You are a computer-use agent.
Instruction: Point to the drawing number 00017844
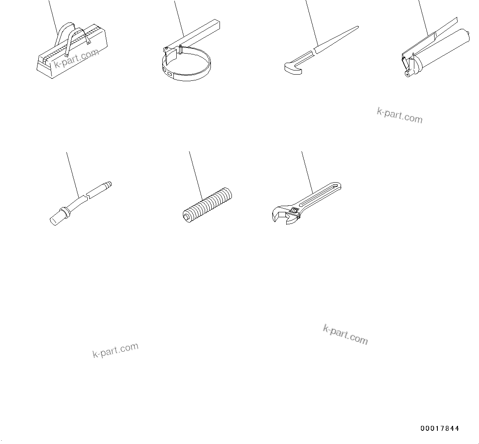(439, 429)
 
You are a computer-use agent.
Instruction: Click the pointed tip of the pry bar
(356, 28)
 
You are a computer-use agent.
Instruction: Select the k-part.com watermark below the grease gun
(400, 115)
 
